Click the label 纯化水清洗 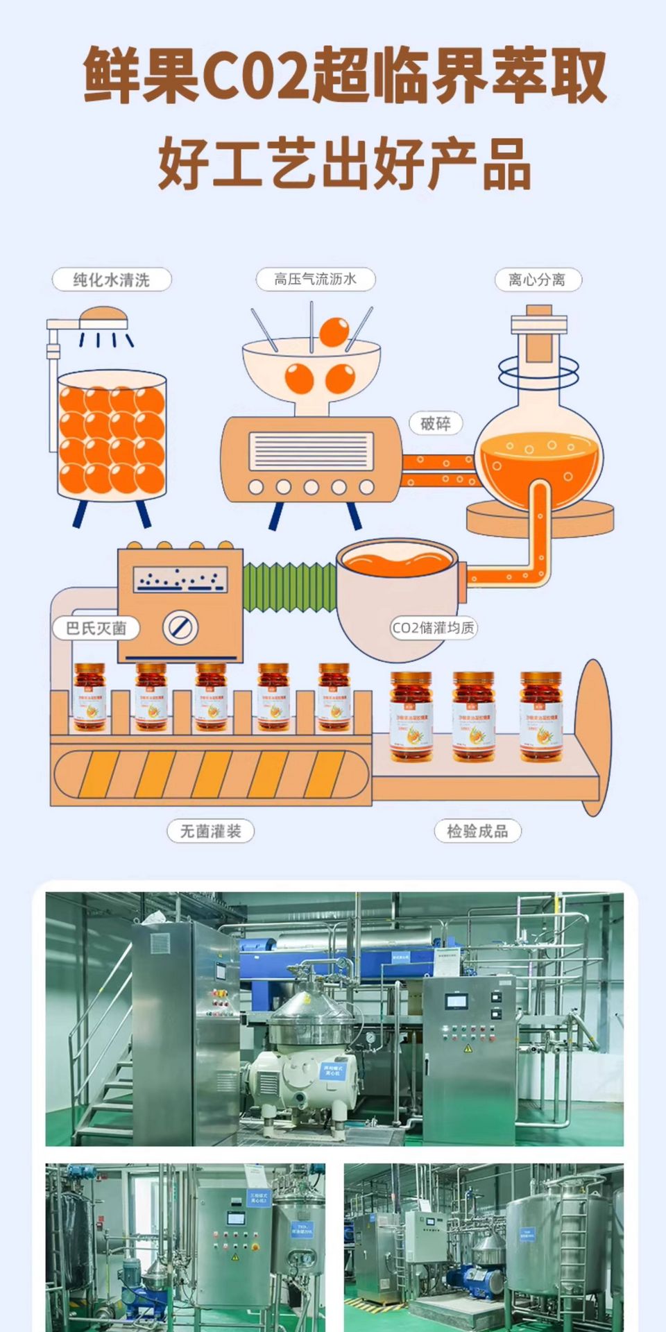click(x=112, y=280)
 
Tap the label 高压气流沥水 click(x=315, y=279)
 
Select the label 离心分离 click(x=537, y=280)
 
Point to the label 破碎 click(x=435, y=423)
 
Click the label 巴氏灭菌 click(x=96, y=629)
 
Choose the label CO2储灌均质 click(x=434, y=628)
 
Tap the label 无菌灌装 click(x=210, y=830)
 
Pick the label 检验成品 click(x=477, y=830)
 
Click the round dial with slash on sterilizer click(x=180, y=628)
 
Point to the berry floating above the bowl click(x=334, y=332)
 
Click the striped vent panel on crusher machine click(x=311, y=450)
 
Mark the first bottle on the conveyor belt click(x=90, y=697)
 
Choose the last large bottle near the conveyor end click(x=541, y=715)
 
